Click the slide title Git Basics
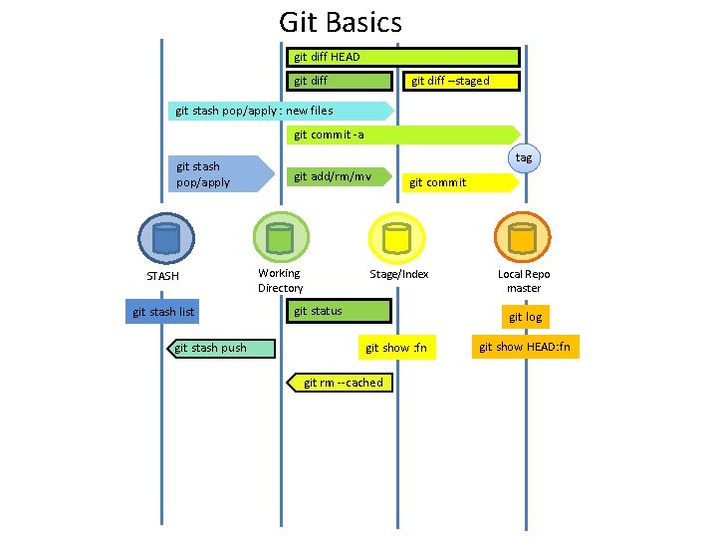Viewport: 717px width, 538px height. [341, 22]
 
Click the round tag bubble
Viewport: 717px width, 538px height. [524, 157]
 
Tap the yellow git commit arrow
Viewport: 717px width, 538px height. [459, 182]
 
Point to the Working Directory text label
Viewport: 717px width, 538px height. [280, 281]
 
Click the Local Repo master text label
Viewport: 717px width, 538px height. [524, 281]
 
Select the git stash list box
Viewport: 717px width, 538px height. [163, 313]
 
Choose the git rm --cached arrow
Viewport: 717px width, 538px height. [341, 383]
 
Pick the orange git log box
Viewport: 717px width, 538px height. [525, 317]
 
